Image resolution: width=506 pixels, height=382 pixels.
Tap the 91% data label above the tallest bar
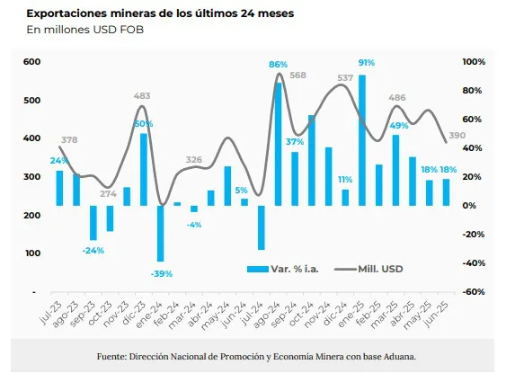tap(366, 63)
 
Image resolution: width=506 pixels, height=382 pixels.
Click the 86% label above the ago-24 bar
tap(278, 64)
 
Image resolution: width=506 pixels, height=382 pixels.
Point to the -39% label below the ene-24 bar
tap(162, 273)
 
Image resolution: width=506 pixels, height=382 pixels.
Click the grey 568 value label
tap(299, 76)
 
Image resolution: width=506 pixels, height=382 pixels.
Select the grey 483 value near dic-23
tap(142, 95)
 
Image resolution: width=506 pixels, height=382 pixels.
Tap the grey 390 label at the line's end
tap(457, 136)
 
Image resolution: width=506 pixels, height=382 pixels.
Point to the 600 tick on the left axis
tap(32, 61)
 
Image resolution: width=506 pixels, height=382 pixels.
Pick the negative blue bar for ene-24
tap(160, 234)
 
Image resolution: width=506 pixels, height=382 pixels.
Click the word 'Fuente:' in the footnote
tap(112, 357)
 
